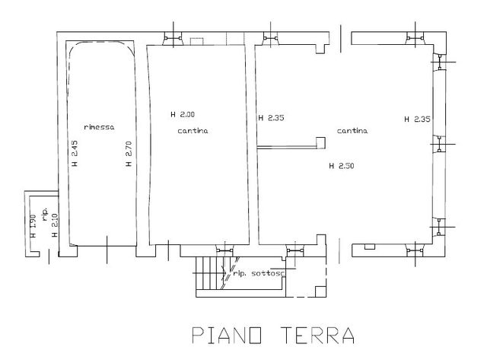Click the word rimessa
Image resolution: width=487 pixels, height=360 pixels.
click(x=99, y=127)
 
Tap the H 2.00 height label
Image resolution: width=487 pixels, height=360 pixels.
click(x=183, y=114)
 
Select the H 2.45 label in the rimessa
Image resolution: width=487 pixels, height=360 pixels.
click(x=75, y=154)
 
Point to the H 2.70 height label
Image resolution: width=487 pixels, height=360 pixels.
click(x=129, y=154)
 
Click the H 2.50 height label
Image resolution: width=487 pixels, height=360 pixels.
click(x=342, y=166)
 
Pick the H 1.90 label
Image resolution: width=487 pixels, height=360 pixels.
click(x=33, y=227)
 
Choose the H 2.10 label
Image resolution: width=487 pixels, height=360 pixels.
click(x=55, y=226)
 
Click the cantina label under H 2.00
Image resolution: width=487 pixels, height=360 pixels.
click(x=193, y=131)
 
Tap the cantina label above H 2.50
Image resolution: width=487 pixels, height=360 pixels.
click(x=352, y=131)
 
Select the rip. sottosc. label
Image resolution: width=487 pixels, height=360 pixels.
click(x=259, y=274)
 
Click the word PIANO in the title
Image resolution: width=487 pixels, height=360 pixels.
click(x=227, y=335)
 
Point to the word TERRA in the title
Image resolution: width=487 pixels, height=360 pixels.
click(x=318, y=335)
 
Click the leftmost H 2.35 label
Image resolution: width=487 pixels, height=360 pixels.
click(x=271, y=118)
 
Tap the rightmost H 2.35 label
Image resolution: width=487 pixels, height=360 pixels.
click(x=417, y=119)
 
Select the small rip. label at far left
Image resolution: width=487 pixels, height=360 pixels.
click(x=44, y=215)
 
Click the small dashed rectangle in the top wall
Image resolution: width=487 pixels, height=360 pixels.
click(x=196, y=41)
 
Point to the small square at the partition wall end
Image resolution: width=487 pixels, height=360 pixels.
click(x=320, y=142)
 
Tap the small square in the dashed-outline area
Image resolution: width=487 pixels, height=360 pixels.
click(x=320, y=292)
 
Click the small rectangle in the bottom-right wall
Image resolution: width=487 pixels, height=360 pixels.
click(x=370, y=247)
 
